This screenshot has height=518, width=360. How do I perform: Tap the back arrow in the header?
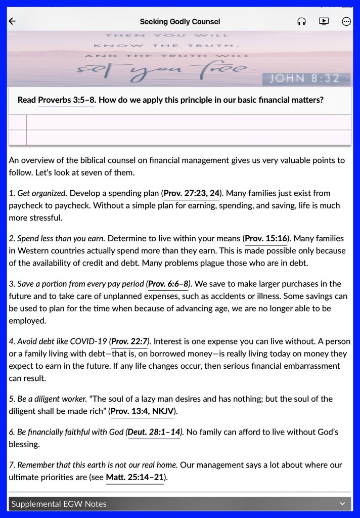click(13, 21)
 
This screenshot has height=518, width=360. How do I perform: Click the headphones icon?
click(302, 21)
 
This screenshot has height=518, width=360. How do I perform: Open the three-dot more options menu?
click(346, 21)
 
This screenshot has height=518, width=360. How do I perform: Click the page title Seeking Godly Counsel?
click(179, 22)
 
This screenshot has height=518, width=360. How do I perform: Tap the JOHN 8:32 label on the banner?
click(307, 78)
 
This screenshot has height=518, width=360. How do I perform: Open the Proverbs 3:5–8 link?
click(66, 100)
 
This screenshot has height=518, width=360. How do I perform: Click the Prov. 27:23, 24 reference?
click(192, 193)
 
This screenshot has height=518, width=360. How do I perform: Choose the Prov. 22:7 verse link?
click(129, 341)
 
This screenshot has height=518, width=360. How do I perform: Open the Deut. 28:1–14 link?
click(154, 432)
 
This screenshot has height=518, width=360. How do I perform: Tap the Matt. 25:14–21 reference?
click(134, 477)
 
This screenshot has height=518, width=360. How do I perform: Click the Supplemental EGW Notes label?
click(59, 504)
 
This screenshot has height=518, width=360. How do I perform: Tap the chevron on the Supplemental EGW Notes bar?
click(342, 504)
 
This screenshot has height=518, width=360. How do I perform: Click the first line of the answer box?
click(187, 122)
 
